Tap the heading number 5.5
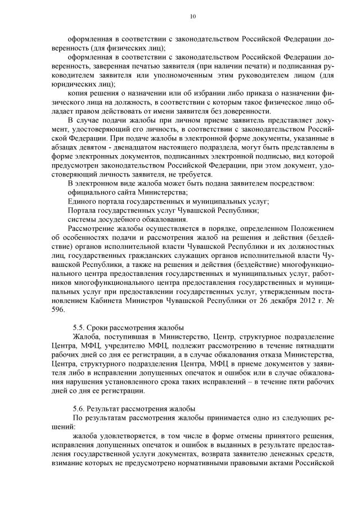[79, 328]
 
